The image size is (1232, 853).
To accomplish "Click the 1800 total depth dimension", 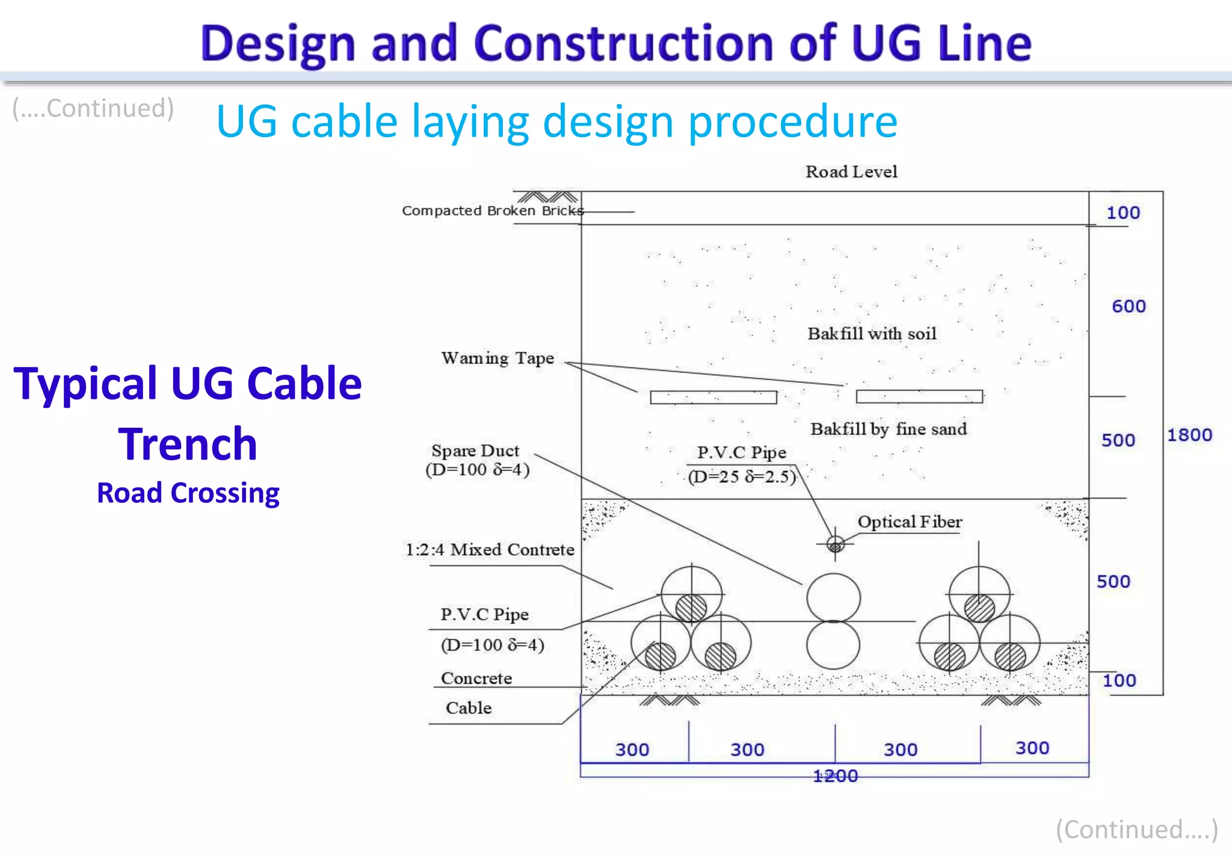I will point(1189,435).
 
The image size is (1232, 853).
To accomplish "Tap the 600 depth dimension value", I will point(1128,306).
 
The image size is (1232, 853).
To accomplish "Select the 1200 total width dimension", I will point(835,776).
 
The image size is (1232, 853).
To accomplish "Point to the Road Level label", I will point(851,172).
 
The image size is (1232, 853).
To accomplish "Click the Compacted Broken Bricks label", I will point(493,211).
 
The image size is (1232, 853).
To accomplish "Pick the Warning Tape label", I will point(497,359).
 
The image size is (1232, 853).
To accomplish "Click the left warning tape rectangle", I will point(713,397).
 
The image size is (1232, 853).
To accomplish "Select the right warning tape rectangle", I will point(919,396).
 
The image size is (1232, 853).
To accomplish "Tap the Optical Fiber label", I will point(910,522).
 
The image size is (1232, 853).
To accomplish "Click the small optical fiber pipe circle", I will point(835,545).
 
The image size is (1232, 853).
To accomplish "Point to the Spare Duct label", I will point(475,451).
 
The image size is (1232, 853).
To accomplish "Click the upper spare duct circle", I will point(833,597).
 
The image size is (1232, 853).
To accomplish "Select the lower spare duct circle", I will point(833,645).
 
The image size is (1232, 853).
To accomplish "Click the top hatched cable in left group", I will point(691,608).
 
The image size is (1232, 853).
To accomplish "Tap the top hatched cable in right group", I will point(979,608).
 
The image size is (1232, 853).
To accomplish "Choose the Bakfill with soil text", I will point(872,334).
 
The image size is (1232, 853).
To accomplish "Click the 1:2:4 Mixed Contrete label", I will point(490,550).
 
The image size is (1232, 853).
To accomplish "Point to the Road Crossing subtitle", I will point(188,493).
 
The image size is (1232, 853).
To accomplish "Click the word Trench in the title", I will point(188,444).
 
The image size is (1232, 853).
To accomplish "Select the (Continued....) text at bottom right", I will point(1136,830).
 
